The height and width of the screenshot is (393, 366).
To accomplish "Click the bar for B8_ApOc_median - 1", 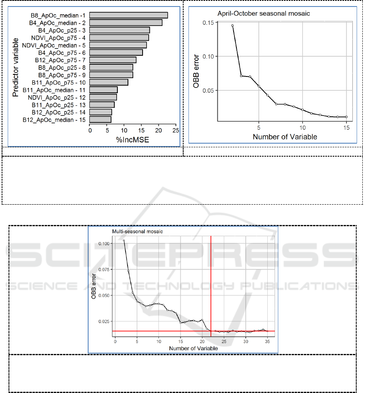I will [x=128, y=15].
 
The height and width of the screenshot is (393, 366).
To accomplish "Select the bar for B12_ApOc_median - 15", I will [x=100, y=120].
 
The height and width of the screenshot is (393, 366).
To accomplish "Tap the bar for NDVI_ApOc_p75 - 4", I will [x=119, y=37].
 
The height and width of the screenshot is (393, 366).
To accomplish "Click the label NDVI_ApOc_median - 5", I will [x=54, y=45].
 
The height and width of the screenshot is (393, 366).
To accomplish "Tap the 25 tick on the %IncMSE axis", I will [x=175, y=130].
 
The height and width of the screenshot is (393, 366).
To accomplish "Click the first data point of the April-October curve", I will [x=232, y=26].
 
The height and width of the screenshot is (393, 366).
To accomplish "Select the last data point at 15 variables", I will [x=346, y=117].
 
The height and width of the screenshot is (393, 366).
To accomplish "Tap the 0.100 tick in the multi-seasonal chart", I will [x=104, y=243].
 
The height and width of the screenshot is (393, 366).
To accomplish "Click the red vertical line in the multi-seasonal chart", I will [x=211, y=285].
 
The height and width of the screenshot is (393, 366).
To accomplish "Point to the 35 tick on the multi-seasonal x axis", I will [x=267, y=342].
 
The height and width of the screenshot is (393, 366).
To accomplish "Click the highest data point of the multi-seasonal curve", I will [x=124, y=240].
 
